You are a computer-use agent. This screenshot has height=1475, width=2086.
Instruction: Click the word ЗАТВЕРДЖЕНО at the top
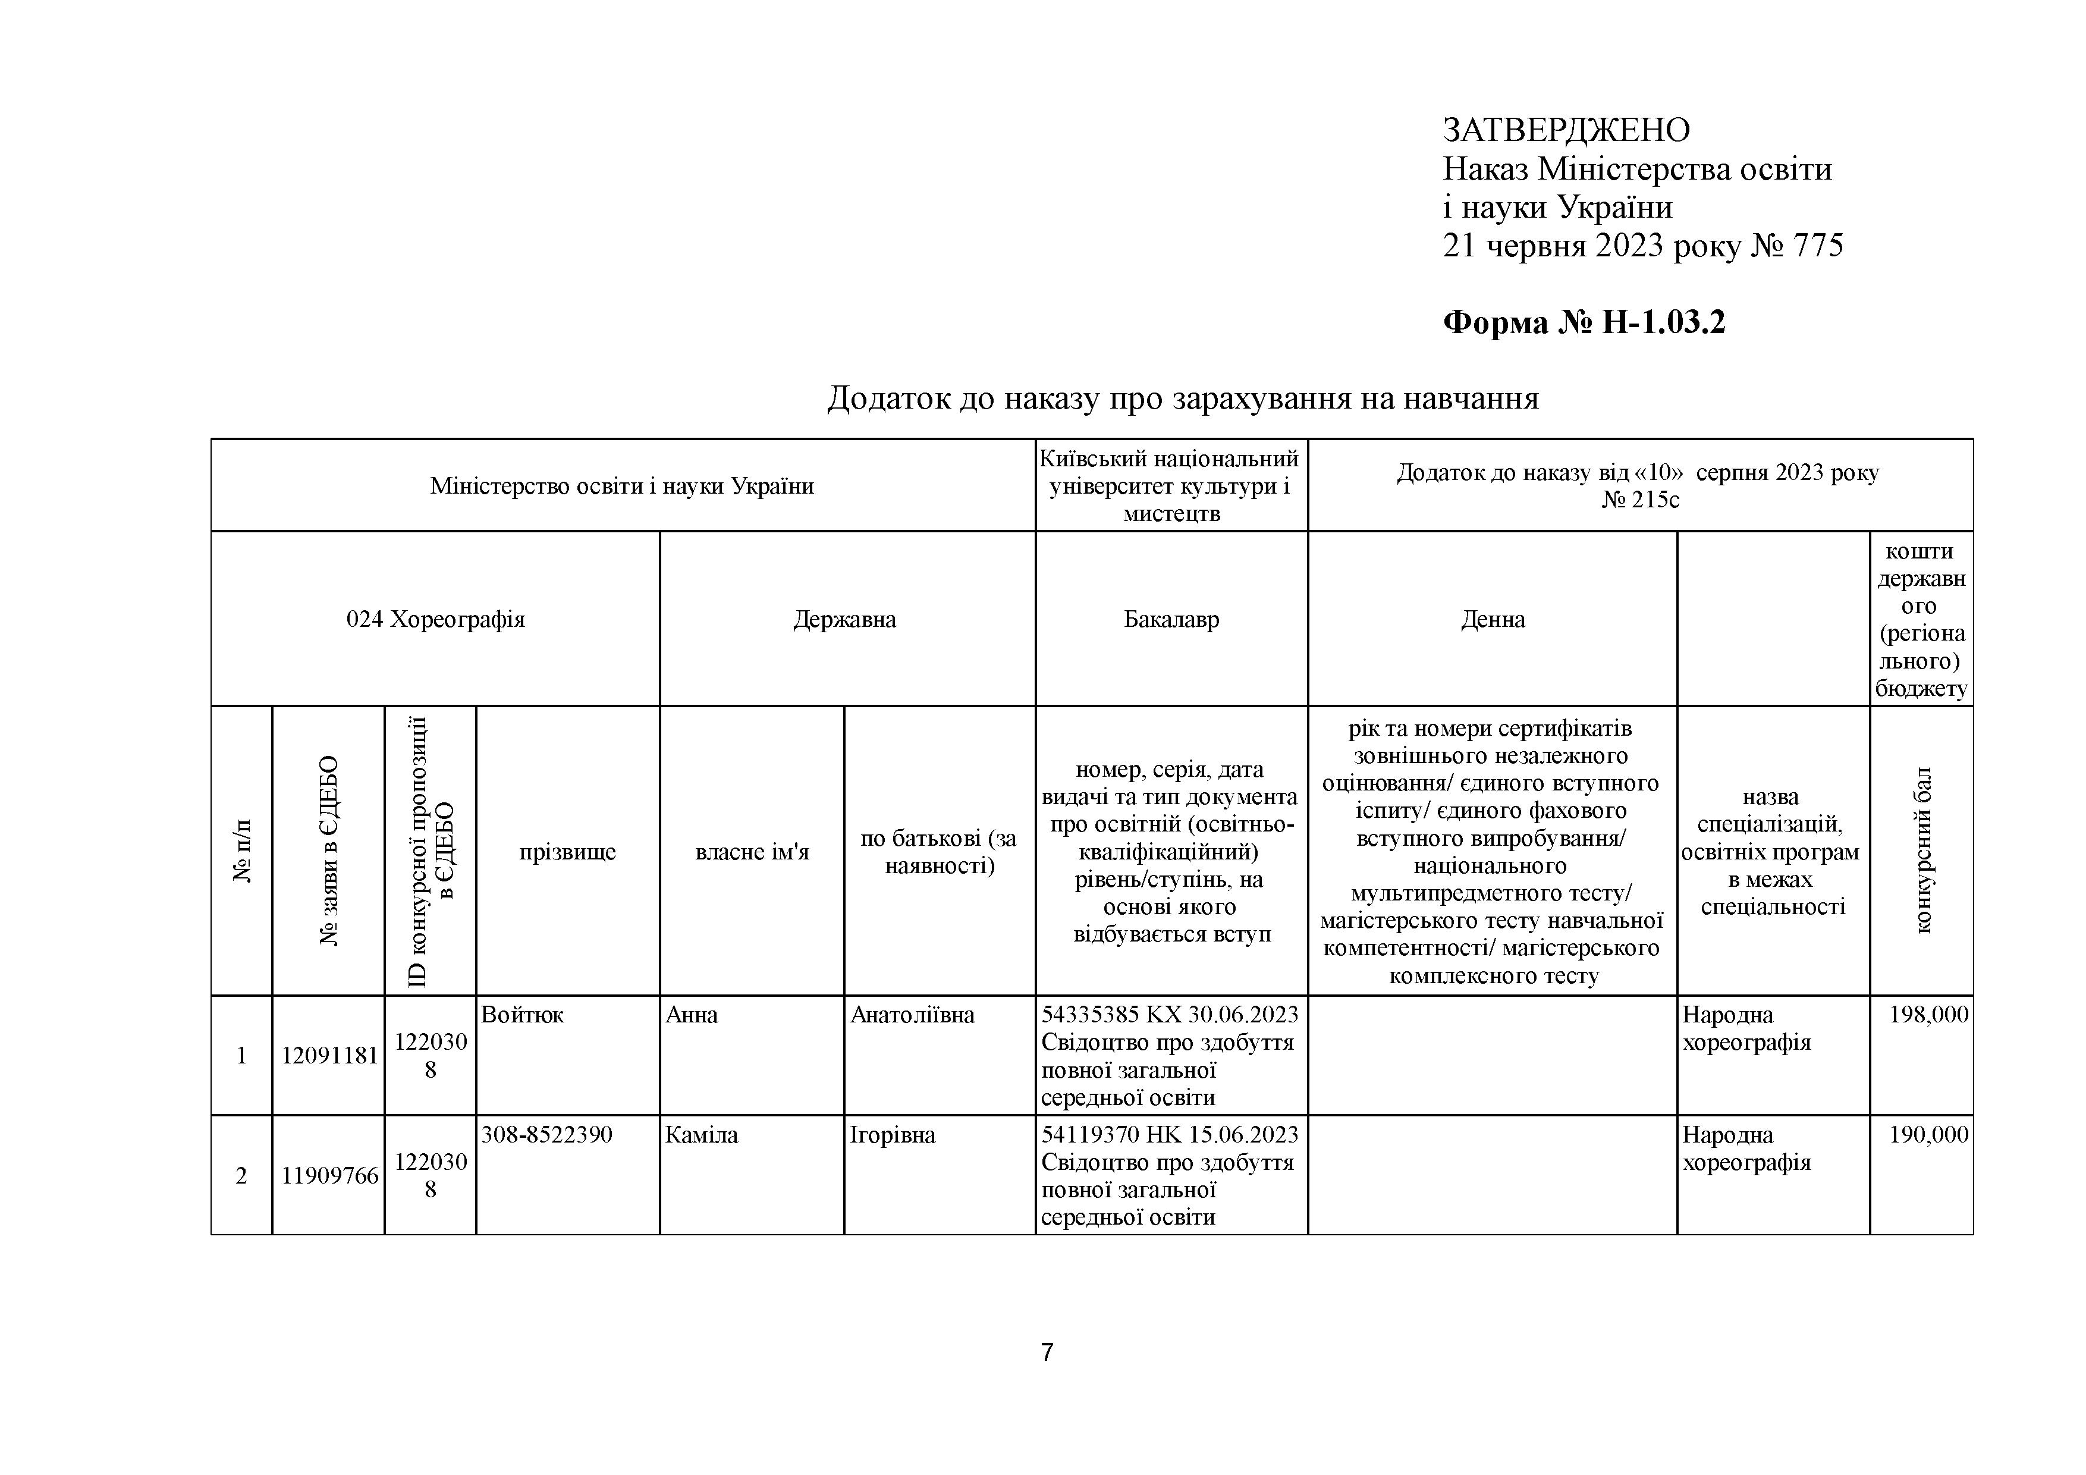[1566, 131]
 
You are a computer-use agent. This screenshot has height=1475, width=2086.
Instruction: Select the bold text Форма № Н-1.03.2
[1584, 322]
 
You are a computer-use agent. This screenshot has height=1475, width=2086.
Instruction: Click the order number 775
[1817, 246]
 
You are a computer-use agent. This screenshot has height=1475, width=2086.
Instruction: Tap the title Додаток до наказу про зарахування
[1182, 398]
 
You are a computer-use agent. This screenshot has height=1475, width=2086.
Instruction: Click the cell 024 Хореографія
[435, 620]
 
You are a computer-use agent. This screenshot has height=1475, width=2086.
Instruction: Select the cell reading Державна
[844, 620]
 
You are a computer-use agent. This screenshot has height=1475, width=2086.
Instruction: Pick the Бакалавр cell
[1171, 620]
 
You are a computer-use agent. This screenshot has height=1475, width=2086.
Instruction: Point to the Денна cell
[1492, 620]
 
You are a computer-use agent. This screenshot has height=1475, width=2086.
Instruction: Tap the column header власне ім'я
[752, 852]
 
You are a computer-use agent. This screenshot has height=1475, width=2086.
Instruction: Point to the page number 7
[1047, 1353]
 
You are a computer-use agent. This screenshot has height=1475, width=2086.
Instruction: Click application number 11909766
[329, 1176]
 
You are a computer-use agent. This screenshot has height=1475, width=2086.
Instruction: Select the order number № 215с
[1640, 500]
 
